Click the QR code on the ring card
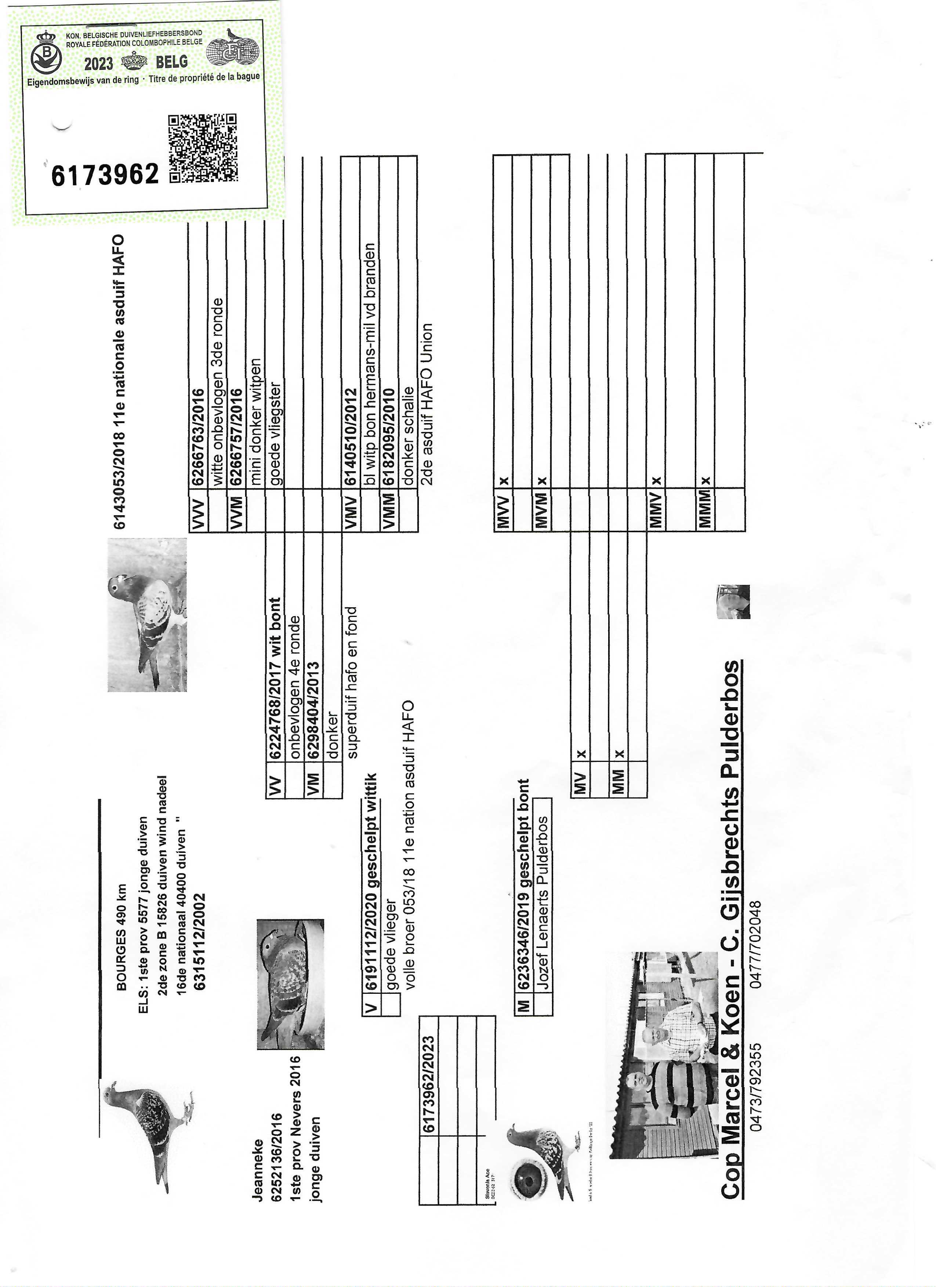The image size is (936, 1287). [x=203, y=148]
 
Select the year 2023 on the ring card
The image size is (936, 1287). [x=99, y=63]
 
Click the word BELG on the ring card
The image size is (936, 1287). [x=171, y=61]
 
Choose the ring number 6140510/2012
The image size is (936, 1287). [x=351, y=437]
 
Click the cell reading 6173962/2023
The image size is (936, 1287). [x=429, y=1084]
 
